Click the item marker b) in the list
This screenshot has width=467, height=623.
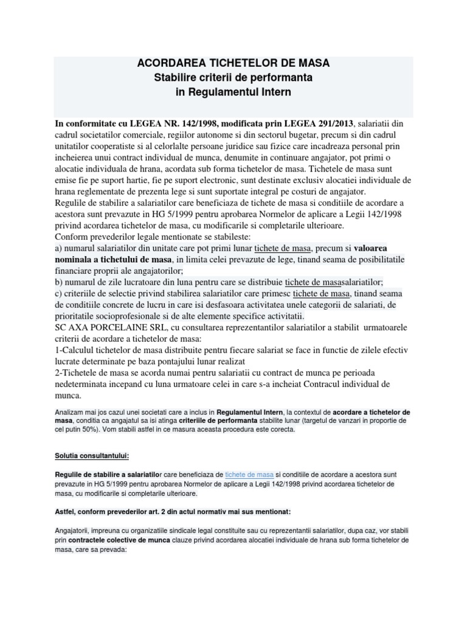coord(60,282)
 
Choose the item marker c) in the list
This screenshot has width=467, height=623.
coord(60,294)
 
